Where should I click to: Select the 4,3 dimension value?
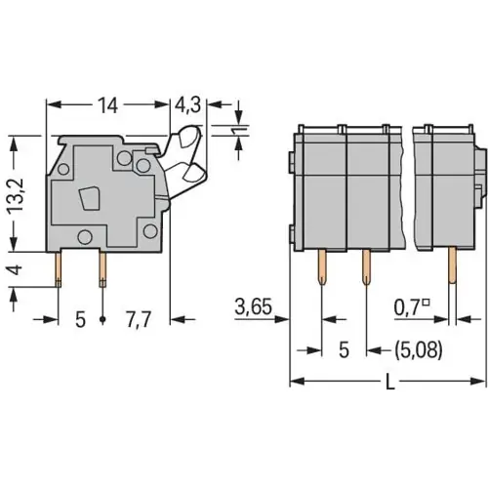click(189, 106)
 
